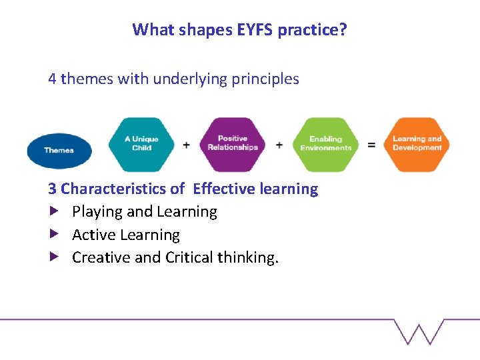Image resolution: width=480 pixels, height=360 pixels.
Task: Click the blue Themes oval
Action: (x=59, y=150)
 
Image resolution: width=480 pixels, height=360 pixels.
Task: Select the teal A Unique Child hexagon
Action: (x=141, y=144)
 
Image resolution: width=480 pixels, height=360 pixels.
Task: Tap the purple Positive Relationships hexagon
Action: (x=233, y=144)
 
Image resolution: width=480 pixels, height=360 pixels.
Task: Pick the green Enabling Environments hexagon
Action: (x=325, y=144)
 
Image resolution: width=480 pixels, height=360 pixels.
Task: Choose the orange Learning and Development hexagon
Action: (x=417, y=144)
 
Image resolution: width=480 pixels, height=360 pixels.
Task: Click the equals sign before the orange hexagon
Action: (x=371, y=145)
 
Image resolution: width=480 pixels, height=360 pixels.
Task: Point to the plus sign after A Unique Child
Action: (x=186, y=145)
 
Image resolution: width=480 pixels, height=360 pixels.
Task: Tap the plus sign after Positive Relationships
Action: (x=279, y=145)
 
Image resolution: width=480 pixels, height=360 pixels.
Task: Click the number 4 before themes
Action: (x=52, y=79)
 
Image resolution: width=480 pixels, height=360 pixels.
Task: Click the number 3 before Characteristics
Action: (x=52, y=189)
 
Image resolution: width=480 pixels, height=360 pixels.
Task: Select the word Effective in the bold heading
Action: (x=223, y=189)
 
